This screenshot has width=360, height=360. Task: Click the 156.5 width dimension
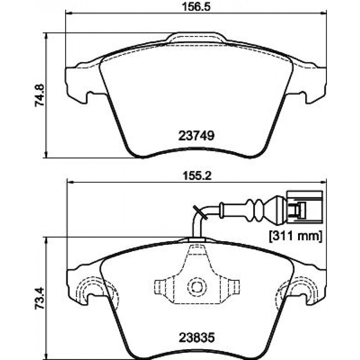coord(196,6)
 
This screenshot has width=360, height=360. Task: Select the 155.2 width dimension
coord(197,176)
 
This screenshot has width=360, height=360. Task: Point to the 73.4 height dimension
coord(40,298)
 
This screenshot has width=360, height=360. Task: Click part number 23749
coord(196,136)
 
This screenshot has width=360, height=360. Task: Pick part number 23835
coord(197,338)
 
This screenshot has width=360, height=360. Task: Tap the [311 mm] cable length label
coord(296,236)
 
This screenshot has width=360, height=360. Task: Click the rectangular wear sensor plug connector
coord(305,207)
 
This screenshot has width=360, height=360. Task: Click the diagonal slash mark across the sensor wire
coord(201,212)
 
